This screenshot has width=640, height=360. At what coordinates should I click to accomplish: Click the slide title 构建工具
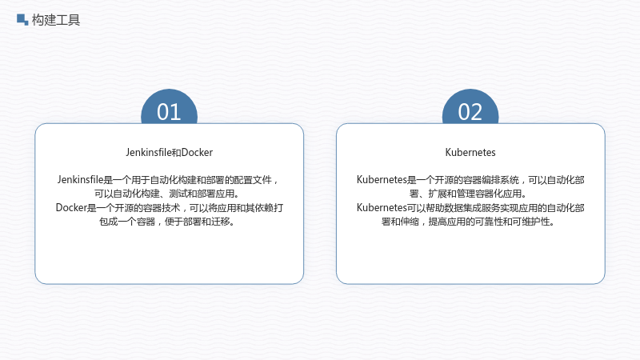pos(56,19)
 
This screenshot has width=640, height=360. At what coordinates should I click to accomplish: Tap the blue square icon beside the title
pos(22,19)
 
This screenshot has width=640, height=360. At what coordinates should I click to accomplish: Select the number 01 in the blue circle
pos(169,112)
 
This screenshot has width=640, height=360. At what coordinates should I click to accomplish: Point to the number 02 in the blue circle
pos(470,112)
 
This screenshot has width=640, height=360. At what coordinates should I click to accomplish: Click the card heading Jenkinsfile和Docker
pos(169,152)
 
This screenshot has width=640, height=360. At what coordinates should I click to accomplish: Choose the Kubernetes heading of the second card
pos(470,152)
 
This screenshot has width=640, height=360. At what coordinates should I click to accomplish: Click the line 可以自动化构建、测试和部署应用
pos(166,194)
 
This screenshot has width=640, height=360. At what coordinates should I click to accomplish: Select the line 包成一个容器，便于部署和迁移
pos(166,222)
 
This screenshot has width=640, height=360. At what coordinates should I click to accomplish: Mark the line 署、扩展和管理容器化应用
pos(467,194)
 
